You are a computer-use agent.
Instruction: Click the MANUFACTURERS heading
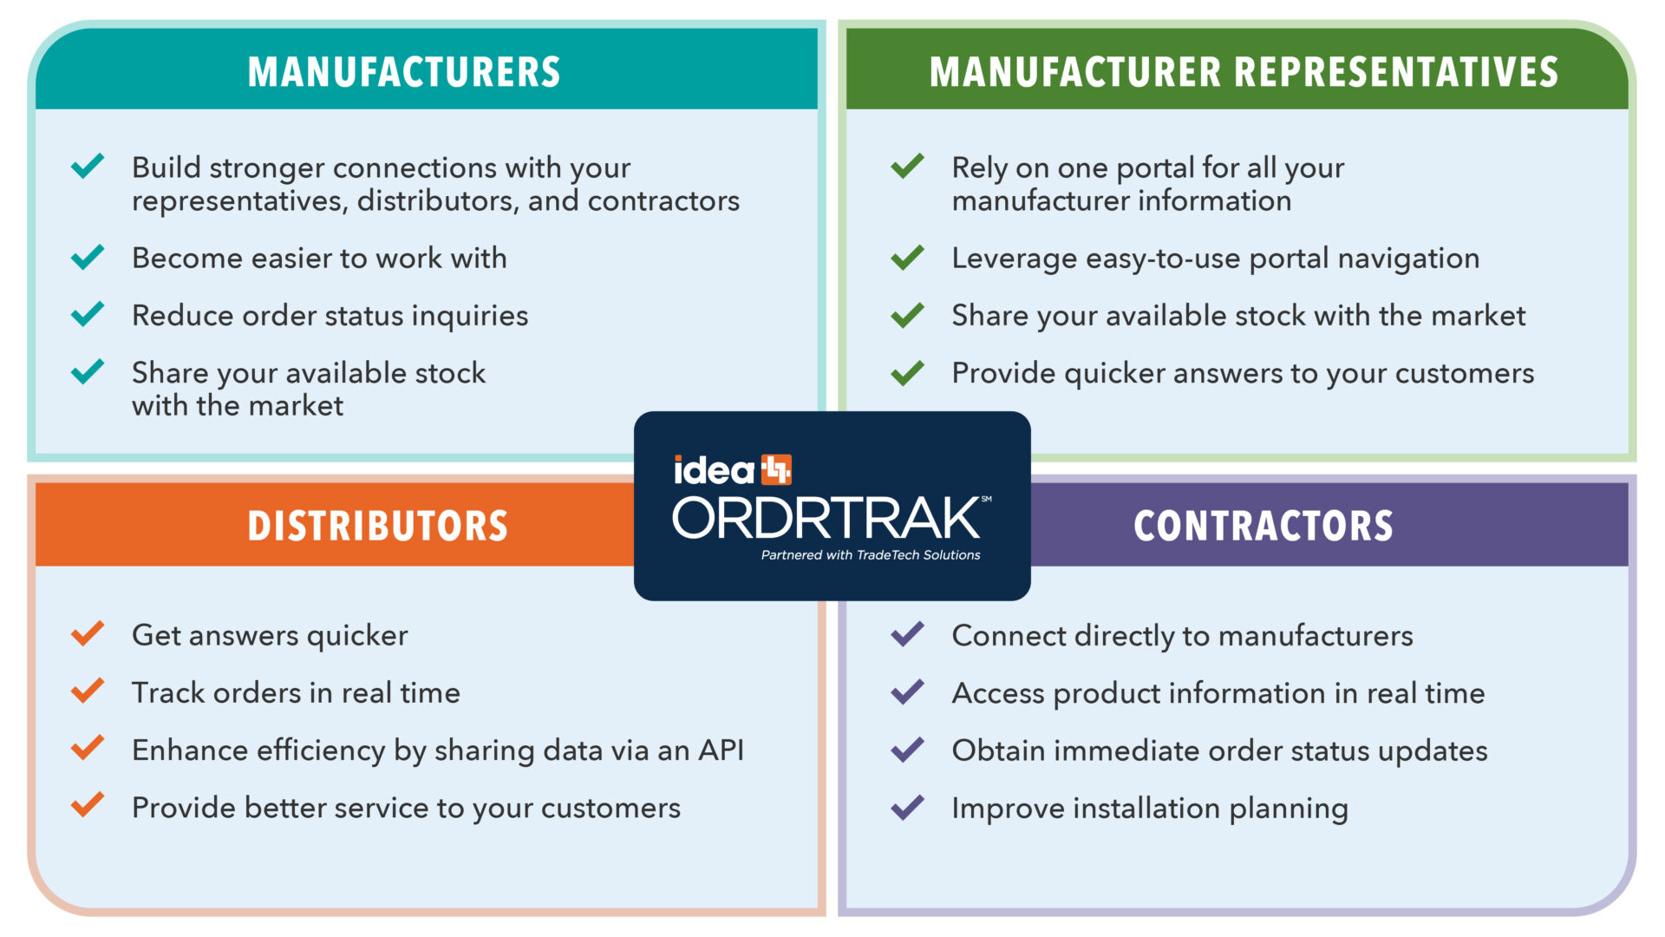coord(404,72)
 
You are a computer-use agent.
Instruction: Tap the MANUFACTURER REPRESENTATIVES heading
coord(1244,72)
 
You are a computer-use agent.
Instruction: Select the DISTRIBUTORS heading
coord(377,527)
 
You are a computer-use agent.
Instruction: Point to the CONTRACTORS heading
coord(1263,527)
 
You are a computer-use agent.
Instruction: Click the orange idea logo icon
coord(776,469)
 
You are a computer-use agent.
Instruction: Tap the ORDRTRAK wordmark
coord(826,518)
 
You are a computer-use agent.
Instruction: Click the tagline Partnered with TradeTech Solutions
coord(871,555)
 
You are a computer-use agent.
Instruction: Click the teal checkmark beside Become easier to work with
coord(88,257)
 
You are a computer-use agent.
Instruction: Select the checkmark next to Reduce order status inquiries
coord(88,314)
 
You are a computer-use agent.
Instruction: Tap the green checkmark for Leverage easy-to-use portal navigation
coord(908,257)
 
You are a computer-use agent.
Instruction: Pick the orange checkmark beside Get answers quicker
coord(88,634)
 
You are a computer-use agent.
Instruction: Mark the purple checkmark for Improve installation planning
coord(908,807)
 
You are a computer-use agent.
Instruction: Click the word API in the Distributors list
coord(721,750)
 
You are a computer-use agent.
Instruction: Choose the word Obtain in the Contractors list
coord(998,750)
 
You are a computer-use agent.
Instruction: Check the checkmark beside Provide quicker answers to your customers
coord(908,372)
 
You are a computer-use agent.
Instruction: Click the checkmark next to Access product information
coord(908,691)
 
